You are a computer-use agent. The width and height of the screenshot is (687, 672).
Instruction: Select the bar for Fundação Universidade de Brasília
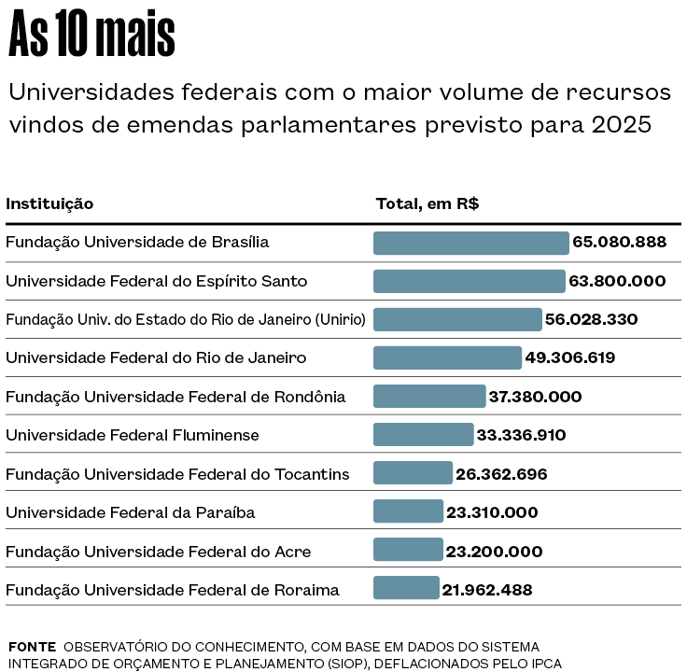tap(470, 243)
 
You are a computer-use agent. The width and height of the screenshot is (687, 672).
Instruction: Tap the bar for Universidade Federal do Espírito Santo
tap(469, 281)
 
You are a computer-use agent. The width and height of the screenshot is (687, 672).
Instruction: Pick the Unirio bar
tap(457, 319)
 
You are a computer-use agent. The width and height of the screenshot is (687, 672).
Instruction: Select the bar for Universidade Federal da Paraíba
tap(408, 512)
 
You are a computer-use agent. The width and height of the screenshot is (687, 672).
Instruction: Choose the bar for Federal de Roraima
tap(406, 589)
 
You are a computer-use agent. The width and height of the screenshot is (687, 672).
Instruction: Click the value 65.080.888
tap(619, 243)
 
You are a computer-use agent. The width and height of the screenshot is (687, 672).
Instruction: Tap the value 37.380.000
tap(535, 397)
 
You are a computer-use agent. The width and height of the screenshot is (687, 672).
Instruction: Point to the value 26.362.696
tap(501, 474)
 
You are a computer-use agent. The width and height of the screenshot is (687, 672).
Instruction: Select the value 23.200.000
tap(494, 552)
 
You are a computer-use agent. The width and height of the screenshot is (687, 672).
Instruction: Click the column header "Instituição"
tap(49, 203)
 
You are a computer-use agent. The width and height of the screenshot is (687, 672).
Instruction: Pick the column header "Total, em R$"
tap(428, 203)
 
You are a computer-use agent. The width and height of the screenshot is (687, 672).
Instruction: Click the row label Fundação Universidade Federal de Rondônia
tap(175, 397)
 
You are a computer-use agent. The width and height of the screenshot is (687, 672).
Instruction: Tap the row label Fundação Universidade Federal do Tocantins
tap(177, 474)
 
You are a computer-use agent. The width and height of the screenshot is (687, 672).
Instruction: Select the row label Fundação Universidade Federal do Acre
tap(159, 552)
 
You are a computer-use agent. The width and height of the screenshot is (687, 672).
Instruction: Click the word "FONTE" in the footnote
tap(32, 647)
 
